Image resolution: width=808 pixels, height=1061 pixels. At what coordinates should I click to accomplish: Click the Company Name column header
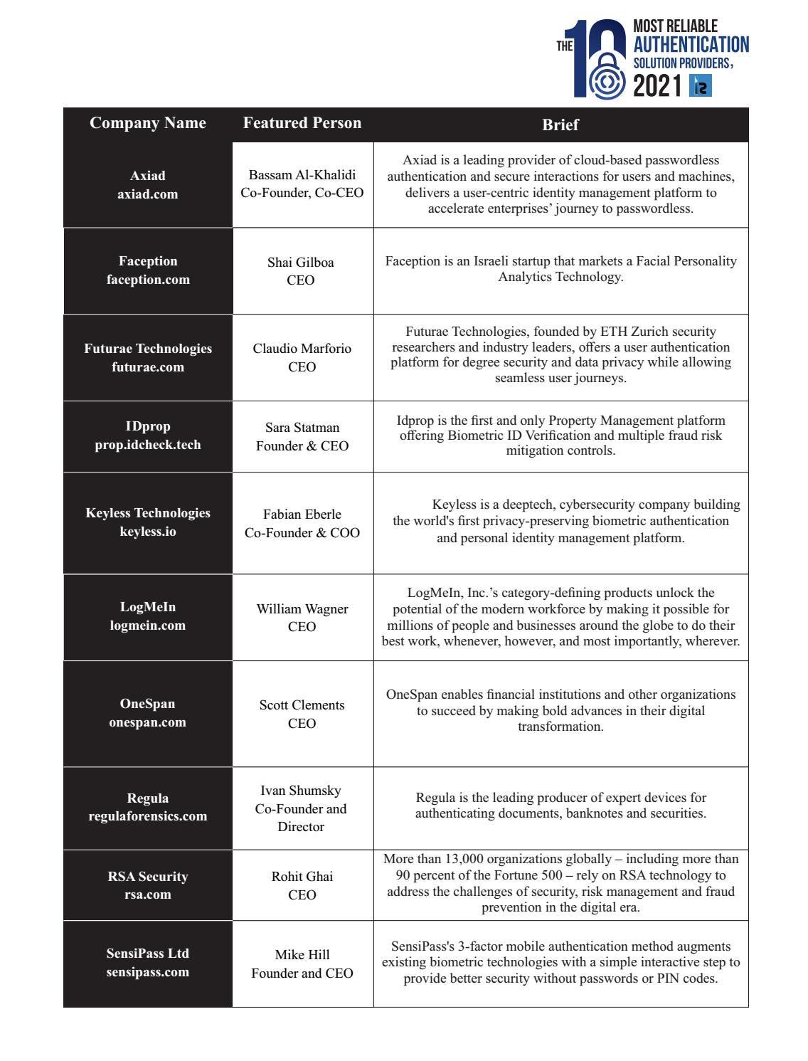tap(148, 123)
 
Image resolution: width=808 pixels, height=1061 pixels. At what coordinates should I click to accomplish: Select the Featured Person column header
tap(302, 123)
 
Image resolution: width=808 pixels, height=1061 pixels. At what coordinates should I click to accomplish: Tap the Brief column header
tap(560, 125)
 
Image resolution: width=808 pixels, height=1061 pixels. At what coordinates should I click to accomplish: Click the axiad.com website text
tap(148, 194)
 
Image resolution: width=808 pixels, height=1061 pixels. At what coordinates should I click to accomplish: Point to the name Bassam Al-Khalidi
tap(302, 175)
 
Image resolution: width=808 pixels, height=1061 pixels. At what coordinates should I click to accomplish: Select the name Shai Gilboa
tap(301, 263)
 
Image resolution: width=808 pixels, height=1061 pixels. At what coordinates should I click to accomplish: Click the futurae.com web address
tap(148, 367)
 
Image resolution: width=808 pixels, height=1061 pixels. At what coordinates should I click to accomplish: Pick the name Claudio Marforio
tap(302, 349)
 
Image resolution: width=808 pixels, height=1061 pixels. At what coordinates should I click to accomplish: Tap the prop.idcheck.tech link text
tap(148, 445)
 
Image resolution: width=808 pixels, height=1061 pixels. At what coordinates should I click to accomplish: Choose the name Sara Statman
tap(302, 428)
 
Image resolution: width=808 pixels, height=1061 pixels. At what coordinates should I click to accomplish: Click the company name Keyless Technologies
tap(148, 513)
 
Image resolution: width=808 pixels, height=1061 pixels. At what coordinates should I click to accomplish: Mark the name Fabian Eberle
tap(302, 514)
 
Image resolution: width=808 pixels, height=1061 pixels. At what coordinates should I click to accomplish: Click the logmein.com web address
tap(148, 625)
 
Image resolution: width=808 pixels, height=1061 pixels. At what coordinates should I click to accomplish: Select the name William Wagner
tap(302, 609)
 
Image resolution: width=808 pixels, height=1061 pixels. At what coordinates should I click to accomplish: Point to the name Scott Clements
tap(302, 705)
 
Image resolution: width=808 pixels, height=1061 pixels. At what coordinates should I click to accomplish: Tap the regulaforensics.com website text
tap(148, 816)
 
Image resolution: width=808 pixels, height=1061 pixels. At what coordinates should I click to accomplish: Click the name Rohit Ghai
tap(302, 877)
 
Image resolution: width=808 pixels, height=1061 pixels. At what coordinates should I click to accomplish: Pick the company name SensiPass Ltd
tap(148, 954)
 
